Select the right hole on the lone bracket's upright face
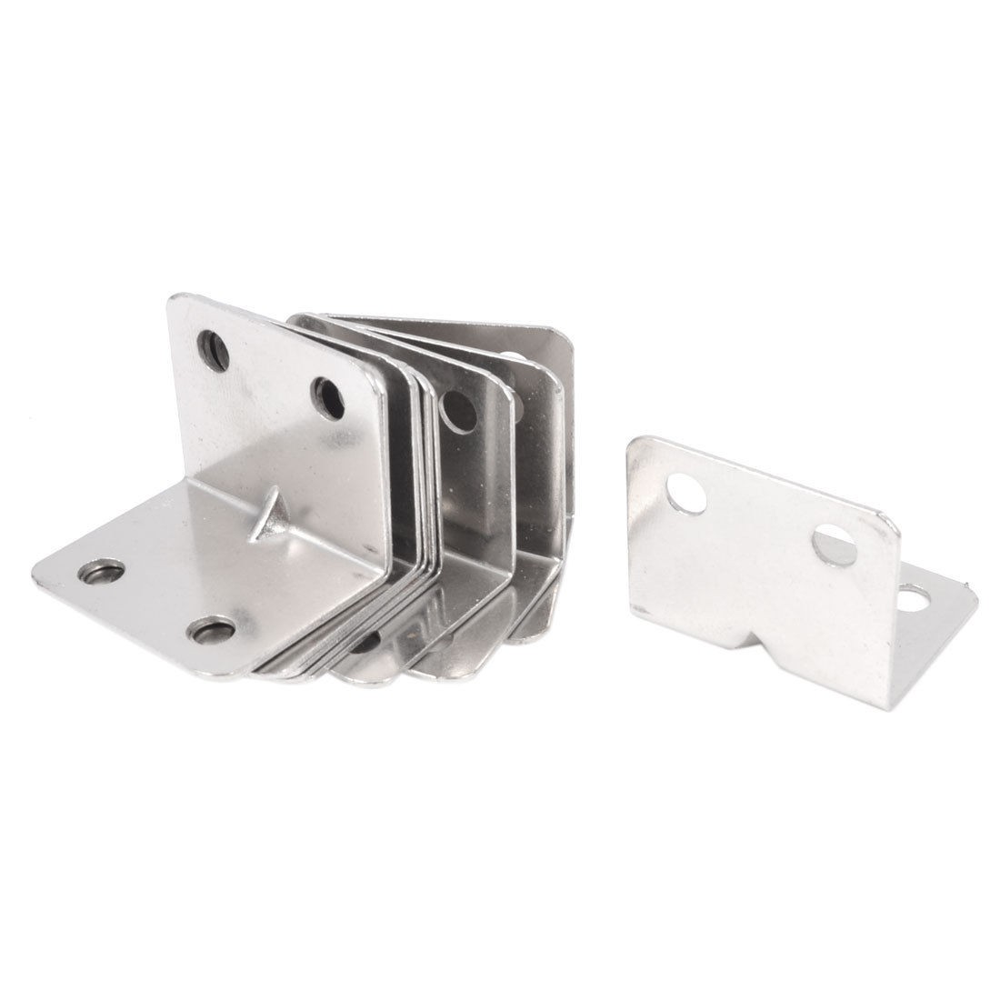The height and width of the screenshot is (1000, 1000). tap(835, 545)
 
